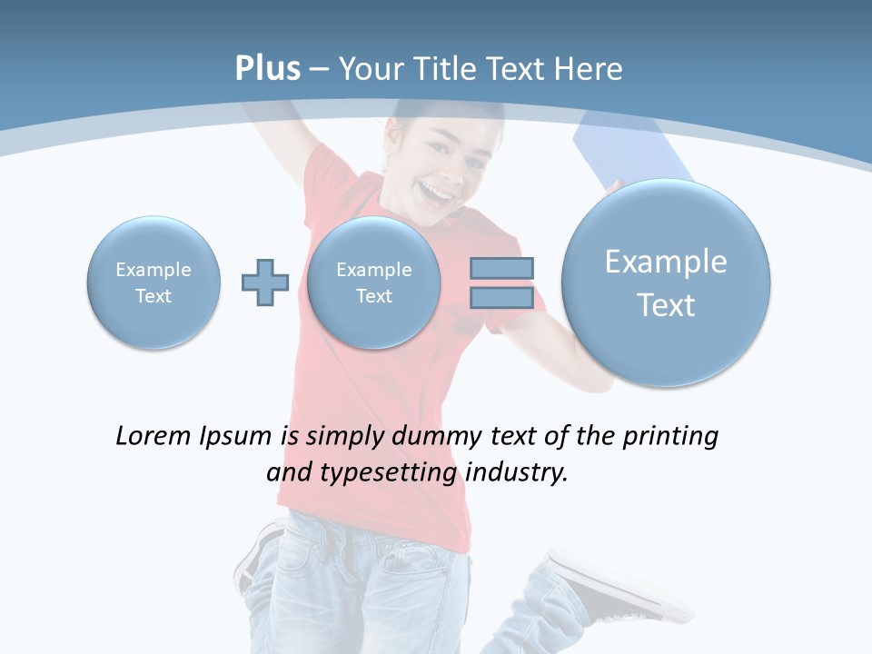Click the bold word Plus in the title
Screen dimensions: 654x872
click(x=267, y=69)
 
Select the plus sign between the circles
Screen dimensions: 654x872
click(x=264, y=282)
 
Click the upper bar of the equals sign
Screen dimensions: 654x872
click(x=501, y=268)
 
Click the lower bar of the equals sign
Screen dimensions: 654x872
click(x=501, y=299)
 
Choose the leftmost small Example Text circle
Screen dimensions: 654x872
click(x=154, y=282)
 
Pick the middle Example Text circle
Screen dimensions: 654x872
click(x=373, y=282)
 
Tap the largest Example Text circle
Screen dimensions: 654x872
click(x=666, y=282)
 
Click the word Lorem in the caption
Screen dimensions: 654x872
click(x=148, y=436)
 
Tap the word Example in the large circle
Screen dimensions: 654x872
click(x=666, y=262)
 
